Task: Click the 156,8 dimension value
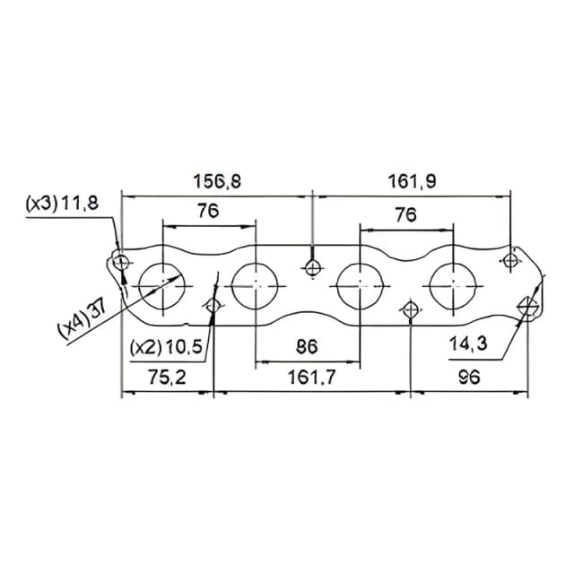217,181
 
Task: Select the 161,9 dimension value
413,181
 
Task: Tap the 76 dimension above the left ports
208,211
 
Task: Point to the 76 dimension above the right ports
405,214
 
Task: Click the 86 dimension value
307,347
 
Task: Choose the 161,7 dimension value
311,377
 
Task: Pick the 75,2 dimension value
168,377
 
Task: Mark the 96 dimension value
469,377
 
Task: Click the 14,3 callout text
468,344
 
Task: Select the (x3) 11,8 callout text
62,203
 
